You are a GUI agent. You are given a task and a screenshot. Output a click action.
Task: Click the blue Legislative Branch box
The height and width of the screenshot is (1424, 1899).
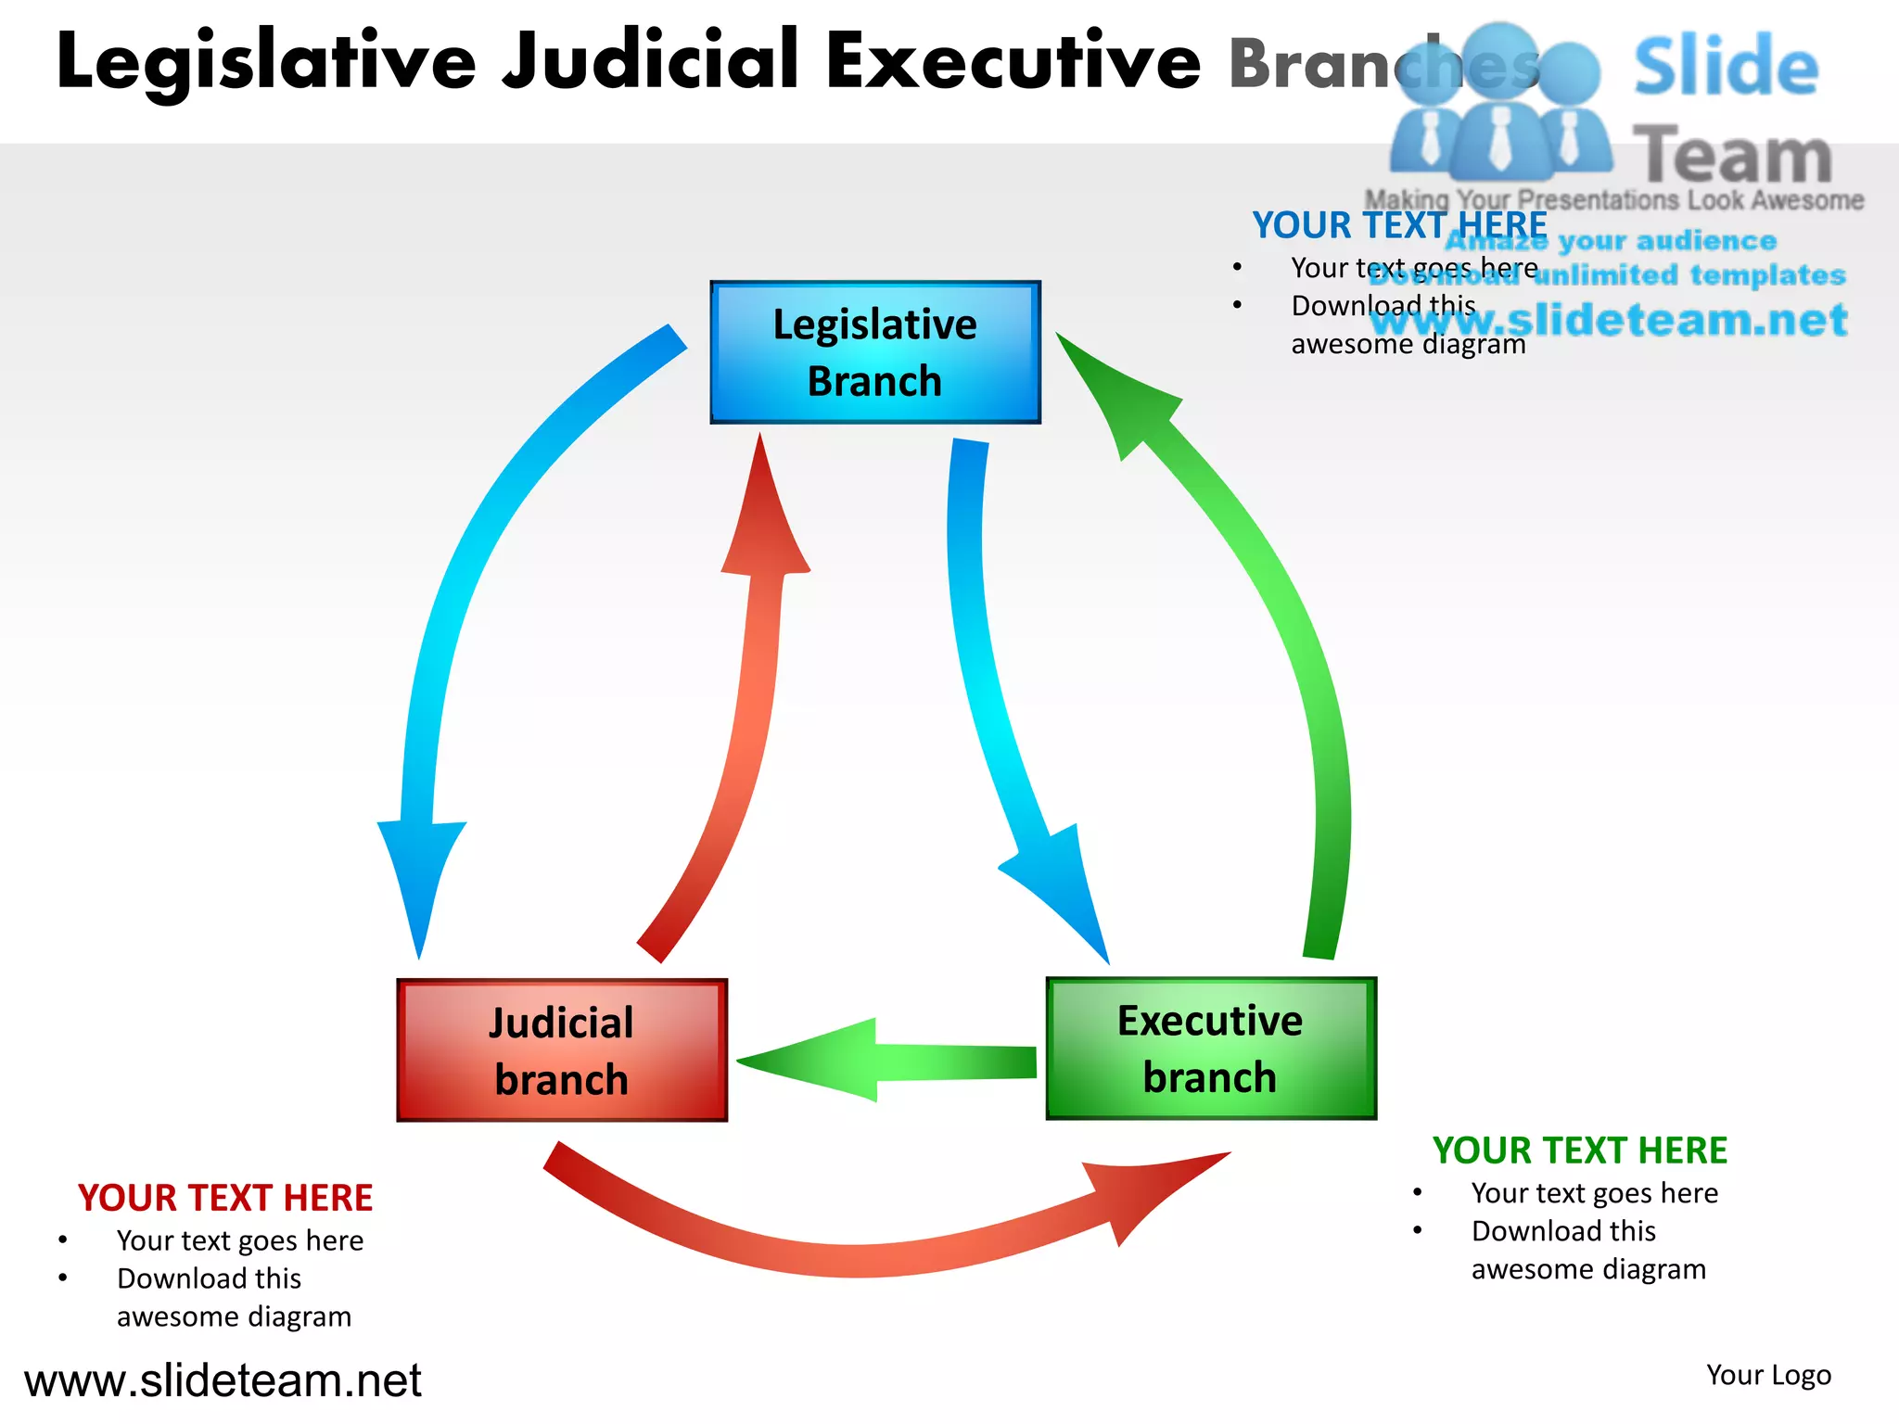874,352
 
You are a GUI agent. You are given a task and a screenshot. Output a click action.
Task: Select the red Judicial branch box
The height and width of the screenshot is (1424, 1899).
562,1050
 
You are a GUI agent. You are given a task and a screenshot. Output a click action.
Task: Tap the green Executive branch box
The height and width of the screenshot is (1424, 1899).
1210,1049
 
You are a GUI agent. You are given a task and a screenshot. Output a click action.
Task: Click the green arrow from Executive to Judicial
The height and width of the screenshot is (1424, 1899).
890,1062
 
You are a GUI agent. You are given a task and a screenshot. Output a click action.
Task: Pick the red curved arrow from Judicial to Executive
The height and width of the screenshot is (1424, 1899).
862,1252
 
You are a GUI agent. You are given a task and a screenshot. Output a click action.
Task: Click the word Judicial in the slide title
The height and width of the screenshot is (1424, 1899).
649,61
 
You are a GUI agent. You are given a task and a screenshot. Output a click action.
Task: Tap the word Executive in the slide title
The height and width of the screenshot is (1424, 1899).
1013,61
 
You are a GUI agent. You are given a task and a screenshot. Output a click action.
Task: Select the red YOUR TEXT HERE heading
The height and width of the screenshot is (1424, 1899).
225,1198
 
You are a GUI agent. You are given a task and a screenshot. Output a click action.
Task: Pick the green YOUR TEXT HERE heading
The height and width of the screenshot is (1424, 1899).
1579,1151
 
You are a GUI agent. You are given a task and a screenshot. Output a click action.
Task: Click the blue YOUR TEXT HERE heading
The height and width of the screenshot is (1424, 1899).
1398,225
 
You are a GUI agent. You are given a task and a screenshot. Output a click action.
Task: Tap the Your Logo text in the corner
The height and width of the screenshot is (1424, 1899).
1768,1375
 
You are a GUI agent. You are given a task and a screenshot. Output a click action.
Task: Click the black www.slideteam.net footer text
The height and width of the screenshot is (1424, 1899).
223,1380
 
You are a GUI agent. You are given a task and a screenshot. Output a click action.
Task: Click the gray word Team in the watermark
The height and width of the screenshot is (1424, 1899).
1731,156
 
